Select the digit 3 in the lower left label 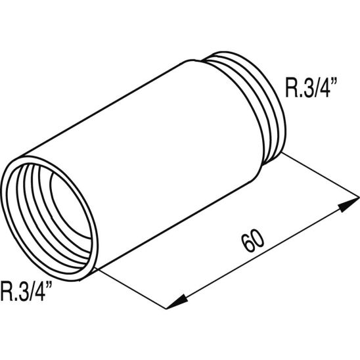click(22, 290)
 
